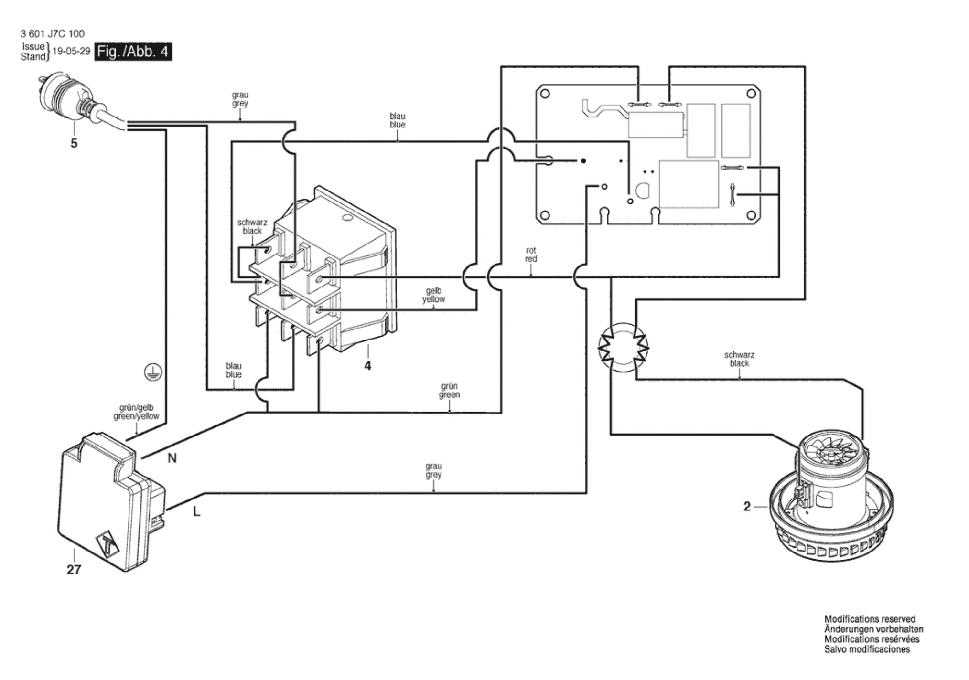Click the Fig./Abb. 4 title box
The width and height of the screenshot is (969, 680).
click(x=133, y=52)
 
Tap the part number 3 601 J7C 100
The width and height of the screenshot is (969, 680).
click(x=52, y=33)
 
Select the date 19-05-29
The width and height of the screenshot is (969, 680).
click(x=71, y=51)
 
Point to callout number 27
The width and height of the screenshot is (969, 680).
click(x=74, y=570)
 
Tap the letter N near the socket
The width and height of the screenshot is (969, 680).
click(x=172, y=458)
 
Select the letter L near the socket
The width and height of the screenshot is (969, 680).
click(x=196, y=512)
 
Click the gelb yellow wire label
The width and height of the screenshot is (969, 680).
click(x=433, y=295)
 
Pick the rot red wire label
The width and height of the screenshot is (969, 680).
click(x=531, y=255)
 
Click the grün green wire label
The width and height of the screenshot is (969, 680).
click(x=449, y=391)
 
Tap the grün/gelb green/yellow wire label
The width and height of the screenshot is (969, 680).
click(x=136, y=412)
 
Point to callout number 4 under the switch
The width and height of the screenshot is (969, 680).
click(x=367, y=366)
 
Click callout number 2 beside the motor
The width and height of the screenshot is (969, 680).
click(x=747, y=507)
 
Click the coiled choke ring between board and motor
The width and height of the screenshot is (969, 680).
click(x=623, y=348)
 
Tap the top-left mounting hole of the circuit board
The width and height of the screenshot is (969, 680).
click(x=545, y=94)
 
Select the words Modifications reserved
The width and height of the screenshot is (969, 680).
click(x=870, y=619)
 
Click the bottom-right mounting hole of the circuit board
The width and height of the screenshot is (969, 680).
click(x=751, y=215)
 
